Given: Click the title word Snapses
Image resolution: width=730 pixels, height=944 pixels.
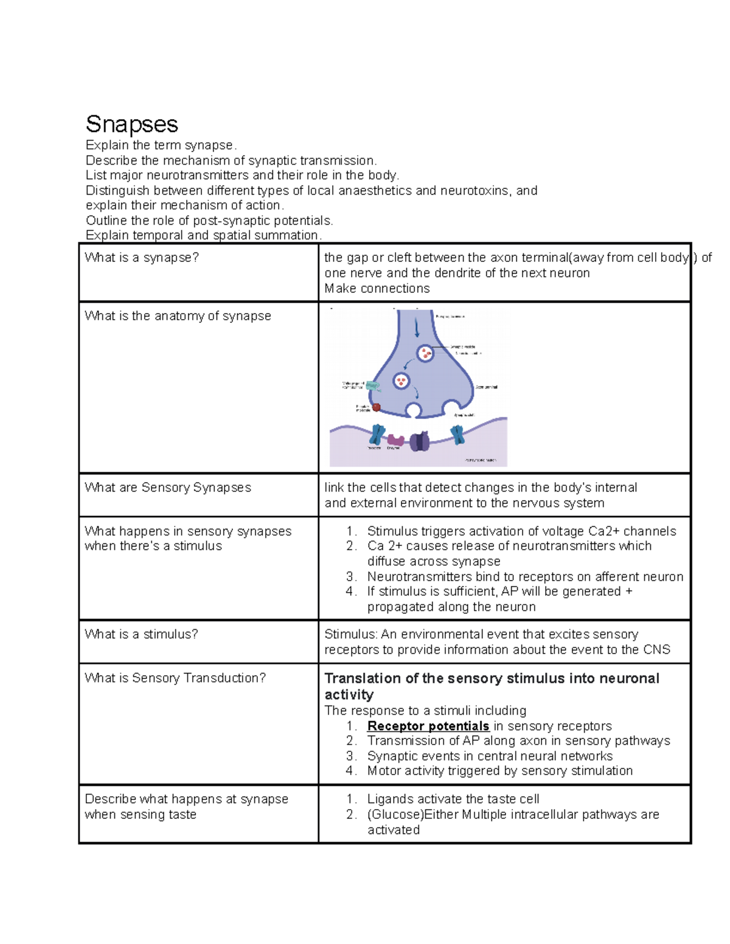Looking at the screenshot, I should pyautogui.click(x=131, y=124).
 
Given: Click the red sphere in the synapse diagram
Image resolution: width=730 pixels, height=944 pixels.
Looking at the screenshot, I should pyautogui.click(x=377, y=407).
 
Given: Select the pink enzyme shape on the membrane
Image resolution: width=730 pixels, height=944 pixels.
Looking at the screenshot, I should pyautogui.click(x=396, y=440).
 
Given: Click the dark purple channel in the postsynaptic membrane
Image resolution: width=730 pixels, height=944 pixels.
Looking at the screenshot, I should pyautogui.click(x=420, y=441).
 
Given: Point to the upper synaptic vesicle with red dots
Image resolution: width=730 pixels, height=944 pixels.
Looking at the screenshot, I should pyautogui.click(x=425, y=353).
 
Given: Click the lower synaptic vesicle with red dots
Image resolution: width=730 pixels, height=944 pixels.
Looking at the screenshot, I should pyautogui.click(x=401, y=381).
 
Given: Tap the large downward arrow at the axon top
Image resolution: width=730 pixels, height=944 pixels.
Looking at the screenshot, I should pyautogui.click(x=417, y=328).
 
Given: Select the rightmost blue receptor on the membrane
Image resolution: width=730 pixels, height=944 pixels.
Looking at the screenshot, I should pyautogui.click(x=457, y=435).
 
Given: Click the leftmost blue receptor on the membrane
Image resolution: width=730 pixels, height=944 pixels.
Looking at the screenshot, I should pyautogui.click(x=378, y=435).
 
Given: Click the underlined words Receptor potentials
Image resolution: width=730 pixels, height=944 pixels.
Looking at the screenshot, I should pyautogui.click(x=428, y=726).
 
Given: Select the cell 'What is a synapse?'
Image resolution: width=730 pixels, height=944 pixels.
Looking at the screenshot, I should pyautogui.click(x=142, y=258).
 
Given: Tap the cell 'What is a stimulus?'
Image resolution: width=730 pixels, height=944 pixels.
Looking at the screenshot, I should pyautogui.click(x=141, y=635).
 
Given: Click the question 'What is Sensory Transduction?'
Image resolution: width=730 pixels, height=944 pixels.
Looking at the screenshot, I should pyautogui.click(x=175, y=678).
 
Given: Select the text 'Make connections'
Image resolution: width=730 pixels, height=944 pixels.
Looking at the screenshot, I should pyautogui.click(x=377, y=289).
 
